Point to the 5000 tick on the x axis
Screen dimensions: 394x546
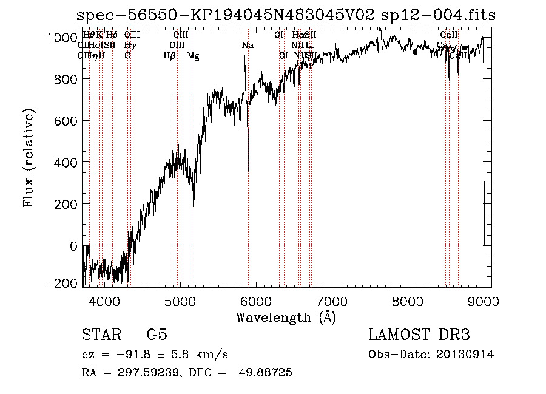coord(180,301)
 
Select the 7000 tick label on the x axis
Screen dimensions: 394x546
coord(332,301)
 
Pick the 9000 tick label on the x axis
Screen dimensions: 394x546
coord(484,301)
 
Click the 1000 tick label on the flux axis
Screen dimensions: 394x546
coord(62,38)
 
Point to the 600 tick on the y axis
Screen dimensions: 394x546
coord(67,121)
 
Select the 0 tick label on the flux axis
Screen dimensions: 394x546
coord(74,246)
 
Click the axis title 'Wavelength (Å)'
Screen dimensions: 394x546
coord(286,317)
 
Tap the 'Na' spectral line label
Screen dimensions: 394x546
coord(248,46)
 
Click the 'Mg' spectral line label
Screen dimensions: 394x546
coord(193,56)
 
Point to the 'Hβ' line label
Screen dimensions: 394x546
coord(170,56)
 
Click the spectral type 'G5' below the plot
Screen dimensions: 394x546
coord(157,335)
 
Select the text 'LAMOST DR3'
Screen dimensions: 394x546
coord(419,335)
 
